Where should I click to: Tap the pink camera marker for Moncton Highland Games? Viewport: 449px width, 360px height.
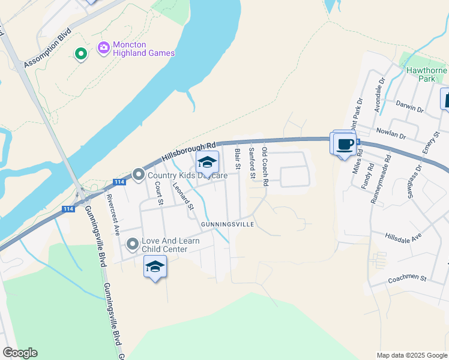103,47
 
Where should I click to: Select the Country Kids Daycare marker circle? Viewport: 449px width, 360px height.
139,175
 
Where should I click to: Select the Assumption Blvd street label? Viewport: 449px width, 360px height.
47,47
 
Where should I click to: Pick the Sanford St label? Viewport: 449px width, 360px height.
252,160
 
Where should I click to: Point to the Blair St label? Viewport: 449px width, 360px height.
238,158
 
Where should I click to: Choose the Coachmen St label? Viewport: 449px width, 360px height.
406,278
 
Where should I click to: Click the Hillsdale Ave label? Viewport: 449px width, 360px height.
403,237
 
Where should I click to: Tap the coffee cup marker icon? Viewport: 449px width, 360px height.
345,145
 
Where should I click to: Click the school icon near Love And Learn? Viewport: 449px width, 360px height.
155,266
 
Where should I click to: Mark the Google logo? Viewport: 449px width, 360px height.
20,352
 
